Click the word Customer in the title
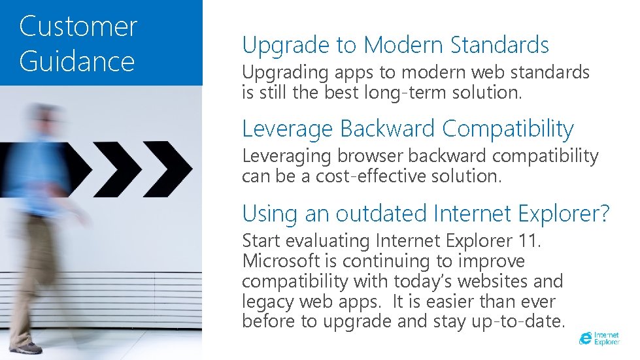click(78, 27)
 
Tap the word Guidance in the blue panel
click(77, 61)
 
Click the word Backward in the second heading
click(388, 129)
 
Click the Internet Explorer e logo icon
click(585, 338)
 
